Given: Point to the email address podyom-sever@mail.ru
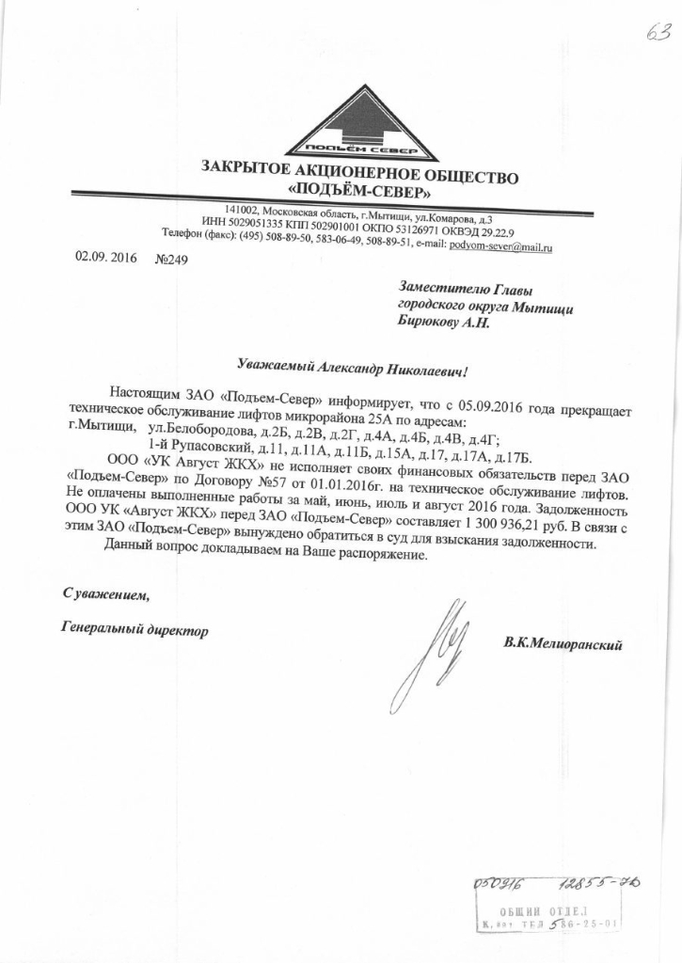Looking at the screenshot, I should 500,245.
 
